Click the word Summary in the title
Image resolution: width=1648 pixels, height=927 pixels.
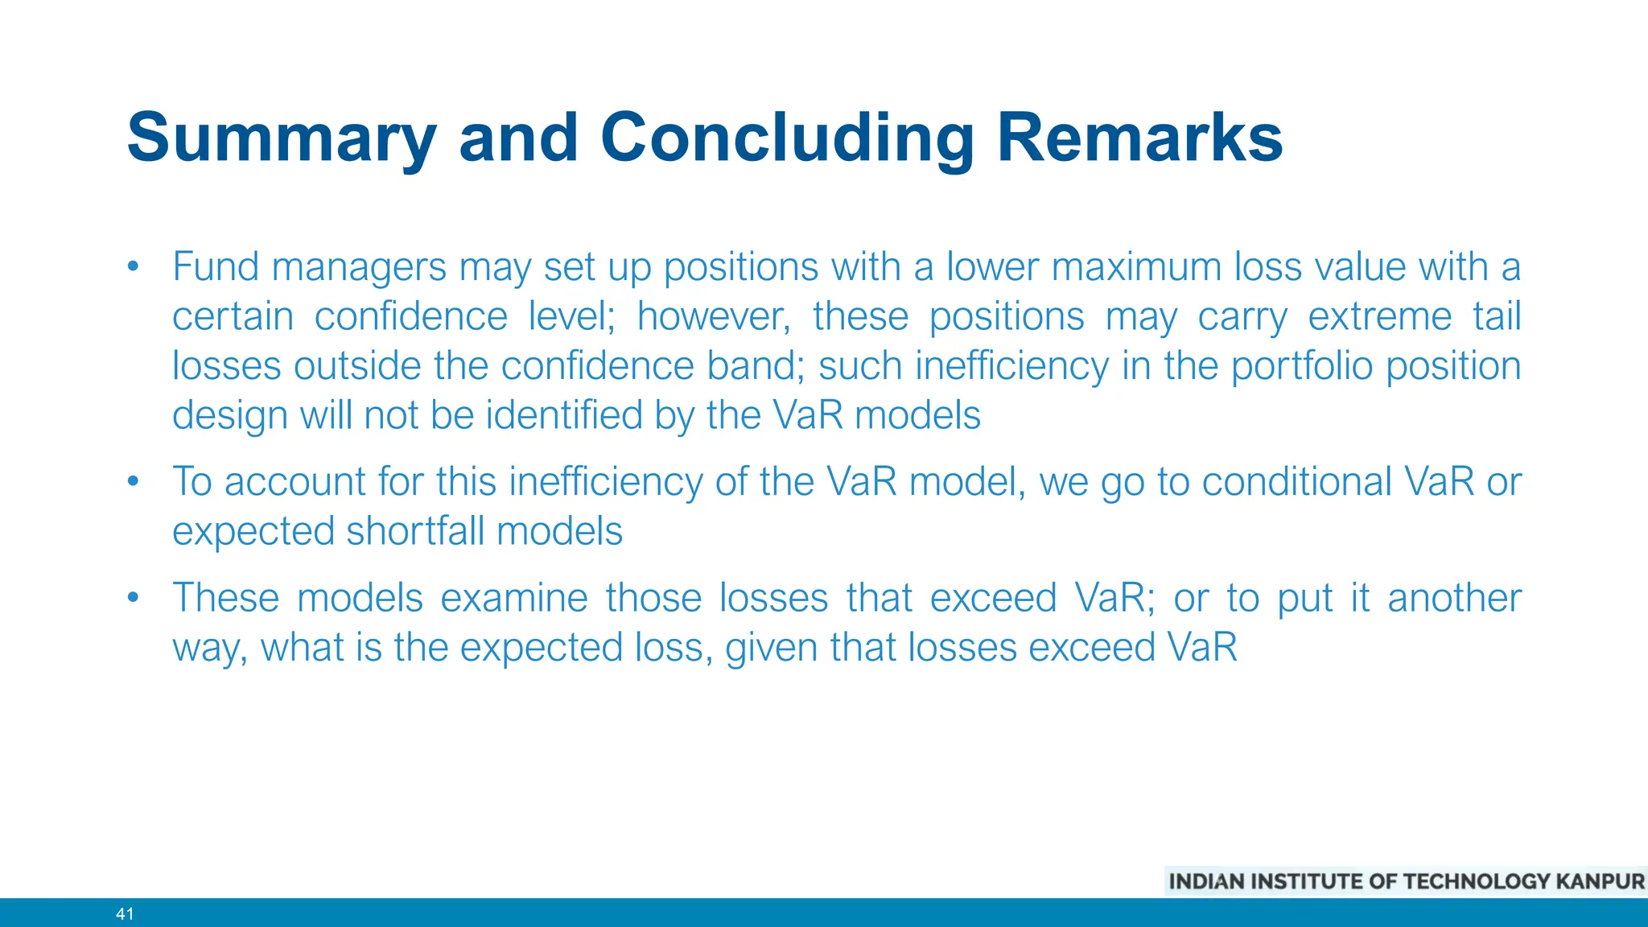(x=281, y=138)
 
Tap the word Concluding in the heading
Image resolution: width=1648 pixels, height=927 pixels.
(x=787, y=138)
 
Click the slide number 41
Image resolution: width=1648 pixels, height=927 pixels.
(x=125, y=913)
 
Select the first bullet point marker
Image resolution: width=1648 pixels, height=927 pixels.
(x=134, y=267)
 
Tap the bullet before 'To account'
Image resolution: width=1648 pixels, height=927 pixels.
(x=134, y=482)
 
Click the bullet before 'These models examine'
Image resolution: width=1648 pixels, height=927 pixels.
(x=134, y=598)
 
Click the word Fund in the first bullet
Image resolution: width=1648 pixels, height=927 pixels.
(x=218, y=267)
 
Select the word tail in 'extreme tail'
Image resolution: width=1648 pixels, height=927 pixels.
(x=1496, y=316)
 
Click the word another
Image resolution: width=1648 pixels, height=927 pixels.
(x=1454, y=598)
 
